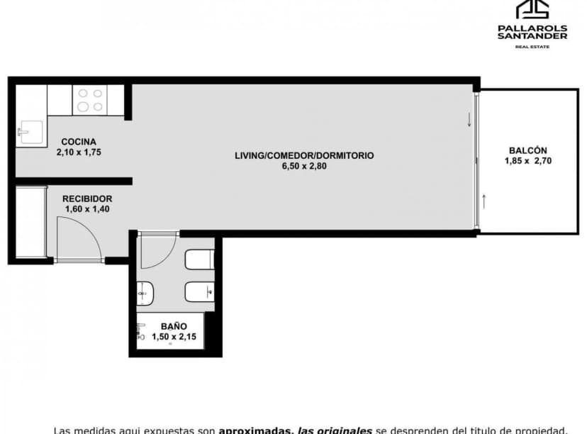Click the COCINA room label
click(78, 141)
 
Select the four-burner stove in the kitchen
click(89, 100)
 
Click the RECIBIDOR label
click(86, 199)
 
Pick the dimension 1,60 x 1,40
click(86, 209)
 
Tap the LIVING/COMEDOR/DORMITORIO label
click(304, 155)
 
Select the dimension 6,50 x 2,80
click(304, 166)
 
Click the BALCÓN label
click(527, 150)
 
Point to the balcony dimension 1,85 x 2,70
click(527, 161)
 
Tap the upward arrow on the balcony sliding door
click(484, 201)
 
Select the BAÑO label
click(169, 326)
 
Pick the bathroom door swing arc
click(157, 252)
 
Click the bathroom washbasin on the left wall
click(144, 291)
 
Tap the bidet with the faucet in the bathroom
click(199, 291)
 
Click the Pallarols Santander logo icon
click(532, 10)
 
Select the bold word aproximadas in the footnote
click(258, 430)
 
